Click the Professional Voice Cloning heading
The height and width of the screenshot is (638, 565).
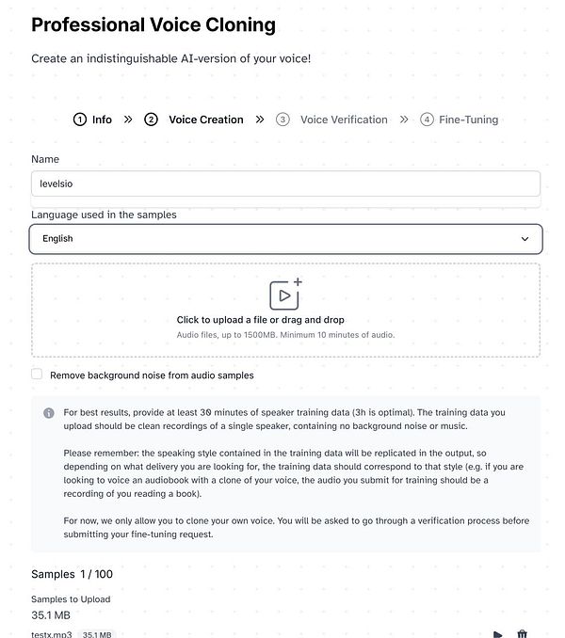pyautogui.click(x=153, y=24)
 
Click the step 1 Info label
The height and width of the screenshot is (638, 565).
pyautogui.click(x=102, y=120)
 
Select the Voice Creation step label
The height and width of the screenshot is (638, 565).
pyautogui.click(x=205, y=120)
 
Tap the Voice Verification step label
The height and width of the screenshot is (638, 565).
pyautogui.click(x=344, y=120)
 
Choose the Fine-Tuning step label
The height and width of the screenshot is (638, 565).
pyautogui.click(x=468, y=120)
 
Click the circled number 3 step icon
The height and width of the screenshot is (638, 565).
pyautogui.click(x=282, y=120)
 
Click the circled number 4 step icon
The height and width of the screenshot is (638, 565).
pyautogui.click(x=427, y=120)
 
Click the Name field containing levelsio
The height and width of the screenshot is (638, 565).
pyautogui.click(x=285, y=183)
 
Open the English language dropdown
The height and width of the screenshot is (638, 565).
pyautogui.click(x=285, y=239)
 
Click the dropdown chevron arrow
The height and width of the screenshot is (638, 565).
pyautogui.click(x=525, y=239)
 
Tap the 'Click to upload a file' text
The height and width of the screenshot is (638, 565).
pyautogui.click(x=260, y=320)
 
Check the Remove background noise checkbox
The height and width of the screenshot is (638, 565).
pyautogui.click(x=37, y=375)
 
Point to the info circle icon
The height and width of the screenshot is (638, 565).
pyautogui.click(x=49, y=413)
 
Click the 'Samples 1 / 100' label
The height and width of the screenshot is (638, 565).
pyautogui.click(x=72, y=574)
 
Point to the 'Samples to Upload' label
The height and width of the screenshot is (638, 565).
pyautogui.click(x=71, y=599)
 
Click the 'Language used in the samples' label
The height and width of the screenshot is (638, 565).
pyautogui.click(x=104, y=215)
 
